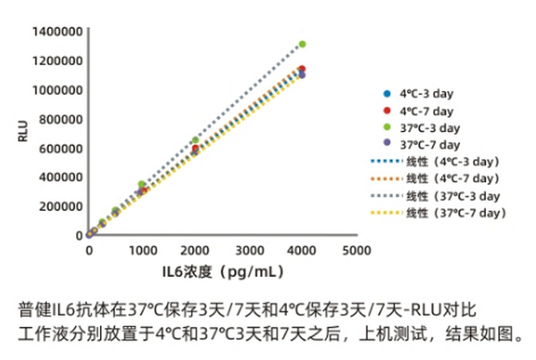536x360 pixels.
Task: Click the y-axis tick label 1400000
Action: (x=55, y=32)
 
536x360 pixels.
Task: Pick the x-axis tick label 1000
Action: (x=141, y=251)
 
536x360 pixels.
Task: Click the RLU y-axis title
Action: (x=22, y=132)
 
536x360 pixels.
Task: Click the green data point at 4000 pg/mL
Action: (x=302, y=44)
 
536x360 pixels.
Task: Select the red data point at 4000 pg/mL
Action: (x=302, y=69)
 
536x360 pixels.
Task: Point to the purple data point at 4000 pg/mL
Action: (x=302, y=75)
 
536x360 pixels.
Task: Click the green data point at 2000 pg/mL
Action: (x=195, y=140)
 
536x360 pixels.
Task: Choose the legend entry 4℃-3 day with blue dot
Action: (x=420, y=95)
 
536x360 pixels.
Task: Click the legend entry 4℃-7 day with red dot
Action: (x=420, y=111)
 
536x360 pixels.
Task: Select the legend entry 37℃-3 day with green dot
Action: (x=423, y=128)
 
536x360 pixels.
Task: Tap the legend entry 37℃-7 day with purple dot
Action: (x=423, y=144)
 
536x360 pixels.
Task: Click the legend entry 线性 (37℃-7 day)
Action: (x=438, y=213)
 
